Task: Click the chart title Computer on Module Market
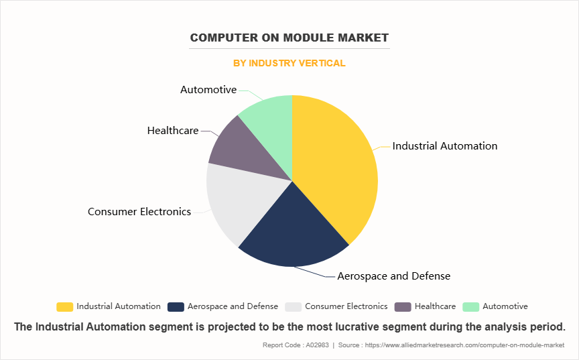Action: pos(289,38)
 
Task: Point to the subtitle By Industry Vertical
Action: pos(289,63)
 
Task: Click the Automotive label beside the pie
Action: pos(208,89)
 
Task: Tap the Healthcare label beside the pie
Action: pos(173,130)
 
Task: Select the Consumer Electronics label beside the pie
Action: pos(139,211)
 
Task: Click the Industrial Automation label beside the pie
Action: pos(445,145)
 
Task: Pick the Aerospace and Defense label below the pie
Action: pos(393,276)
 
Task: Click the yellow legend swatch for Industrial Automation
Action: pos(65,306)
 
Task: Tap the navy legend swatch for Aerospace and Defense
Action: pos(176,306)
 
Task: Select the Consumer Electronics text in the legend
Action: pos(346,306)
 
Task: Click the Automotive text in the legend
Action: pos(505,306)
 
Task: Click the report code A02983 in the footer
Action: pos(314,345)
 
